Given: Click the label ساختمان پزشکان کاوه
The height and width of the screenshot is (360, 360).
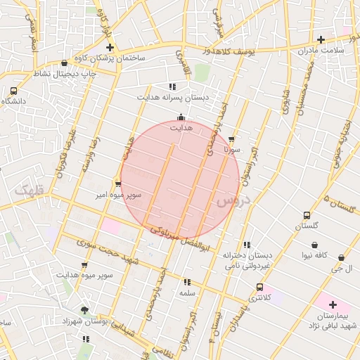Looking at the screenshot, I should [113, 58].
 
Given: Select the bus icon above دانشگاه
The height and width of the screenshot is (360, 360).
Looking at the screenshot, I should [14, 91].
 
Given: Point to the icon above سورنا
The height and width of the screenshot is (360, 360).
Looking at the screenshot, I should [232, 139].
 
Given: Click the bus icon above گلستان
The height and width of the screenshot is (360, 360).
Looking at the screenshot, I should [306, 215].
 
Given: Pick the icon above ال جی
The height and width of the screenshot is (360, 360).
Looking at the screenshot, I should [342, 258].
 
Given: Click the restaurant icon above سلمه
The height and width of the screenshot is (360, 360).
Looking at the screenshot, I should [186, 281].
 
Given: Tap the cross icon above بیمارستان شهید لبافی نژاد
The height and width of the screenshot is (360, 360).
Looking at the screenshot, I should [333, 304].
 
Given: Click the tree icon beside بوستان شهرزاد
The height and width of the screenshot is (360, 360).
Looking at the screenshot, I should [85, 310].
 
